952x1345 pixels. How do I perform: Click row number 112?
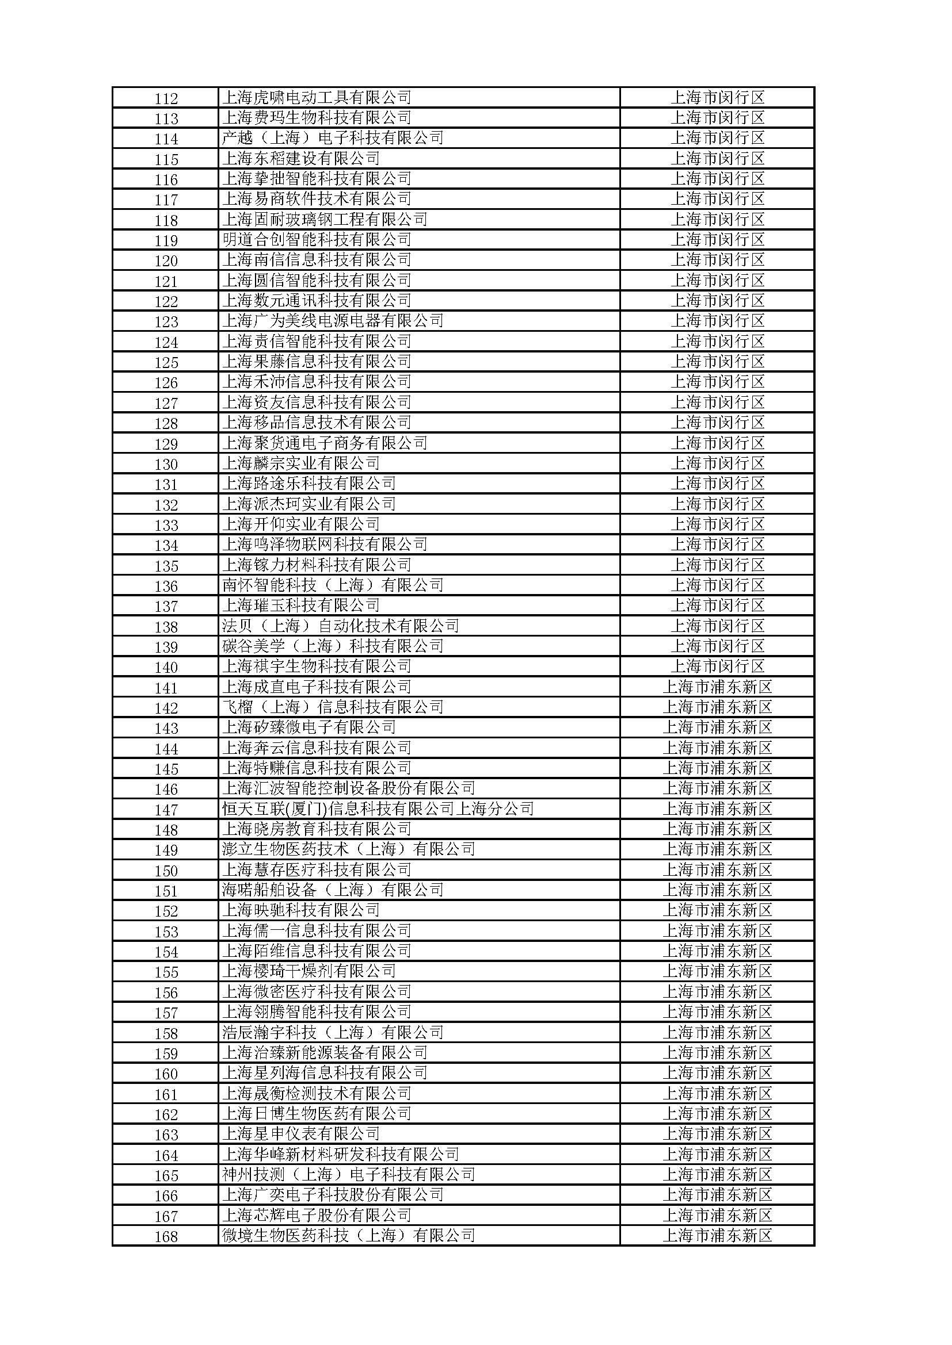coord(166,98)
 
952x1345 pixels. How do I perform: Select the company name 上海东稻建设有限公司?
coord(300,158)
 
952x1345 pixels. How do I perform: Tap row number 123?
coord(166,321)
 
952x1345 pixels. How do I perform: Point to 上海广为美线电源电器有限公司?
coord(332,321)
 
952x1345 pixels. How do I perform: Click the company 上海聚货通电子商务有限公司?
coord(324,443)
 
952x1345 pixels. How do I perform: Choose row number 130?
coord(166,465)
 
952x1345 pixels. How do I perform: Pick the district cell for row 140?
coord(718,666)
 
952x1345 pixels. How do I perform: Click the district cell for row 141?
coord(718,687)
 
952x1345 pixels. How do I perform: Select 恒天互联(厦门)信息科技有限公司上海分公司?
coord(378,809)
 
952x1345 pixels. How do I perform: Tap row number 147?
coord(166,810)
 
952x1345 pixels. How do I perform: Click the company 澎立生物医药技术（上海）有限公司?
coord(348,849)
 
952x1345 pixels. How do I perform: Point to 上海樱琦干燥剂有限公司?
coord(309,971)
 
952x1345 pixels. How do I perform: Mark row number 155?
coord(166,972)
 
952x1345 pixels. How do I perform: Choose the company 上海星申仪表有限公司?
coord(300,1133)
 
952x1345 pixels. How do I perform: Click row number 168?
coord(166,1237)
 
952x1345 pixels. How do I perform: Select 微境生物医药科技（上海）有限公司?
coord(348,1235)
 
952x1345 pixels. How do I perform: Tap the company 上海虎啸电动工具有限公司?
coord(317,97)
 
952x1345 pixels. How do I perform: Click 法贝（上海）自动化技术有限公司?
coord(340,626)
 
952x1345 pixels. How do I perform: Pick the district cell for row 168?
coord(718,1235)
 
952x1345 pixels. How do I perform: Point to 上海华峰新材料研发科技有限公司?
coord(340,1154)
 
